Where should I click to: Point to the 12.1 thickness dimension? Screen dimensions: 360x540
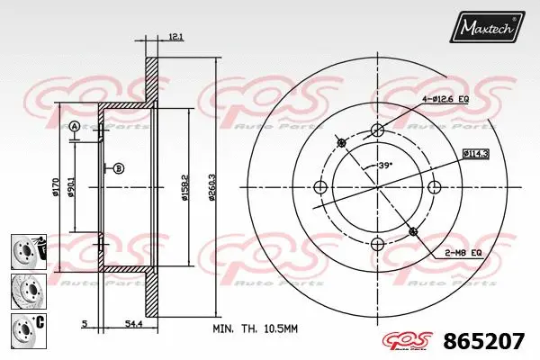pos(175,37)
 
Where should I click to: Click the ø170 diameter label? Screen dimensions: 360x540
pos(57,186)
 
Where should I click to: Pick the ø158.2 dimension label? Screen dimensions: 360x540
pos(184,186)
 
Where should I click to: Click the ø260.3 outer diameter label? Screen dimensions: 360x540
pos(212,186)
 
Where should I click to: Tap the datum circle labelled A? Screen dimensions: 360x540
pos(75,126)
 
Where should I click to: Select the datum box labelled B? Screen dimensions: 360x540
pos(119,168)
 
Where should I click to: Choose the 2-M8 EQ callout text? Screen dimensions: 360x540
pos(463,254)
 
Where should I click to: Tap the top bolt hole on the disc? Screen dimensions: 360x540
pos(377,130)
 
